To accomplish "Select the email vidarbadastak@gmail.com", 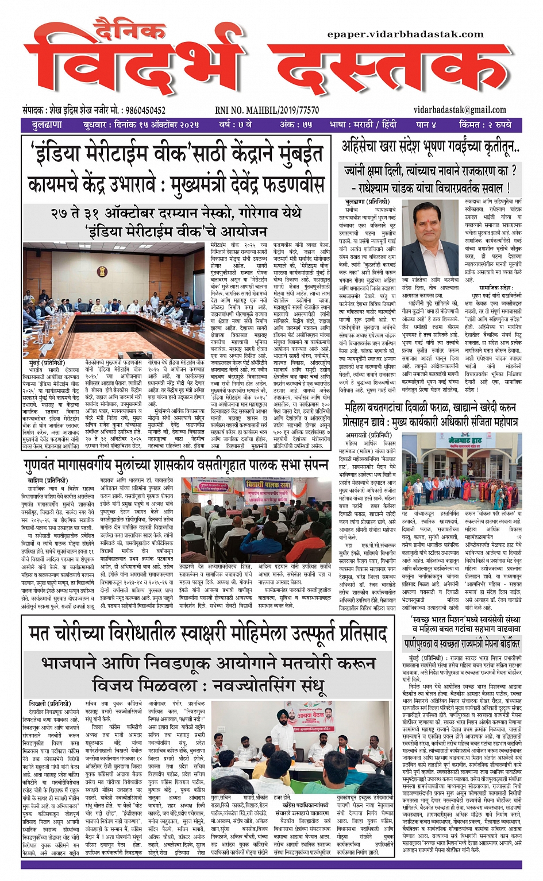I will [x=460, y=110].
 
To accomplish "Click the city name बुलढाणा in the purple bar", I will [x=47, y=125].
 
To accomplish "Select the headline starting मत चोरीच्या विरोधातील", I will [x=207, y=634].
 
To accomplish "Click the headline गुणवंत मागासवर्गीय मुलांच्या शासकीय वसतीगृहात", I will [x=176, y=464].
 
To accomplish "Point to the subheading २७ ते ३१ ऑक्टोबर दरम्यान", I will [x=176, y=213].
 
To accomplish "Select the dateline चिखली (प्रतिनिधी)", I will [x=49, y=704].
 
